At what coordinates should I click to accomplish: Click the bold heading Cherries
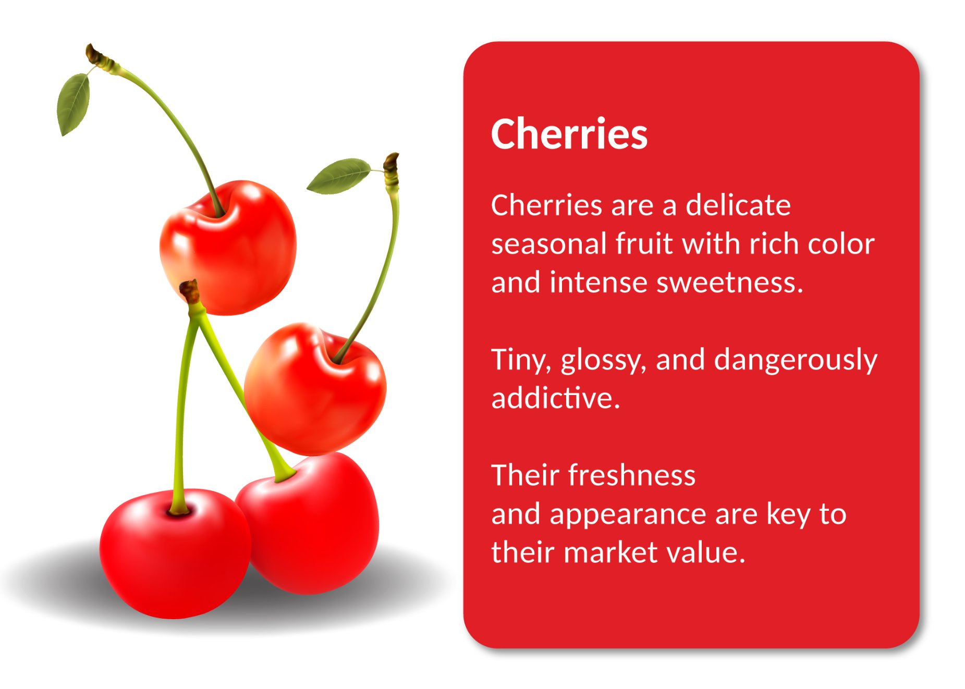coord(569,134)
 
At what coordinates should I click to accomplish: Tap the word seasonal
coord(549,243)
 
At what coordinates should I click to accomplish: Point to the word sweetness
coord(730,282)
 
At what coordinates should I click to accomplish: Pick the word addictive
coord(556,398)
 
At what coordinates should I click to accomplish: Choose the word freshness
coord(632,475)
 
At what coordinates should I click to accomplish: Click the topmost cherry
coord(228,248)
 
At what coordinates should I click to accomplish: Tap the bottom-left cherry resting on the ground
coord(175,553)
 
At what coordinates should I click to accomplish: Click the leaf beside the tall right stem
coord(338,176)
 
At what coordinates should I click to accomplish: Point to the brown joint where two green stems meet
coord(190,292)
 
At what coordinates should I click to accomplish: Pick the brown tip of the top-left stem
coord(96,55)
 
